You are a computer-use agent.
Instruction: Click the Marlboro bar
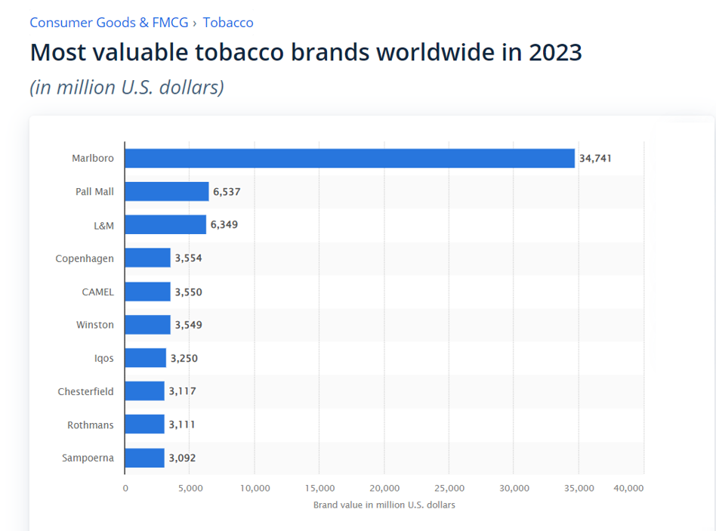pyautogui.click(x=349, y=159)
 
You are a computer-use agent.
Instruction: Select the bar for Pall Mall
pyautogui.click(x=166, y=192)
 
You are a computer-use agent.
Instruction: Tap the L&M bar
pyautogui.click(x=165, y=225)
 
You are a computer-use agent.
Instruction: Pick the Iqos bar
pyautogui.click(x=145, y=358)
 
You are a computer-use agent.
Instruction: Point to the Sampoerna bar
pyautogui.click(x=144, y=458)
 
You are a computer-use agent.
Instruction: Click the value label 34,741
pyautogui.click(x=595, y=159)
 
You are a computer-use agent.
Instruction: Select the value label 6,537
pyautogui.click(x=227, y=192)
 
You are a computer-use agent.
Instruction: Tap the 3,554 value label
pyautogui.click(x=188, y=258)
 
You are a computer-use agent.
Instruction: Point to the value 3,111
pyautogui.click(x=181, y=424)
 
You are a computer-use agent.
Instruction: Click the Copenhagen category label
pyautogui.click(x=85, y=258)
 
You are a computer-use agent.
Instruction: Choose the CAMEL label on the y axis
pyautogui.click(x=97, y=292)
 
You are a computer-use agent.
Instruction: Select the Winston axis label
pyautogui.click(x=95, y=325)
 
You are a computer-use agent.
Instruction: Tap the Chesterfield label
pyautogui.click(x=85, y=391)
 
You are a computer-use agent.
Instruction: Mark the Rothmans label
pyautogui.click(x=91, y=424)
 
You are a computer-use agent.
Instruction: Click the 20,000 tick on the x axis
pyautogui.click(x=385, y=488)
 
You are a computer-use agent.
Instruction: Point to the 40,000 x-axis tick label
pyautogui.click(x=628, y=488)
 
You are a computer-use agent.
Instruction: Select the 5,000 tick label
pyautogui.click(x=190, y=488)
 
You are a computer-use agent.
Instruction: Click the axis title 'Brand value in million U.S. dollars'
pyautogui.click(x=384, y=505)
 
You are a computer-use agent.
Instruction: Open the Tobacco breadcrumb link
pyautogui.click(x=228, y=23)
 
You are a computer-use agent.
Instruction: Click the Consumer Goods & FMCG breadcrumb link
pyautogui.click(x=109, y=23)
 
